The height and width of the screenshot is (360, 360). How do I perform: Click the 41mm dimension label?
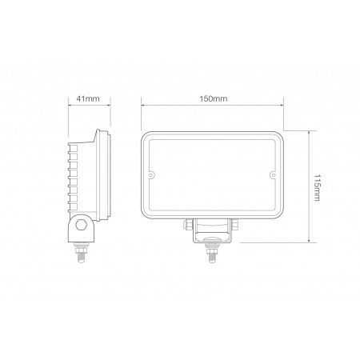(88, 98)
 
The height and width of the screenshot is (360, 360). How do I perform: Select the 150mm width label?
(212, 98)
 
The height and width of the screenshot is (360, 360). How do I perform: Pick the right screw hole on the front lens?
(273, 174)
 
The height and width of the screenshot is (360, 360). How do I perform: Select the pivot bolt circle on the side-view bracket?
(81, 226)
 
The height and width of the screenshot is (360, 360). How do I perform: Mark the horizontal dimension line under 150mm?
(212, 105)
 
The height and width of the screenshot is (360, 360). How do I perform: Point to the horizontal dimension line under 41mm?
(88, 105)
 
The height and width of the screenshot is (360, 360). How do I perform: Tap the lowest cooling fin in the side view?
(73, 208)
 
